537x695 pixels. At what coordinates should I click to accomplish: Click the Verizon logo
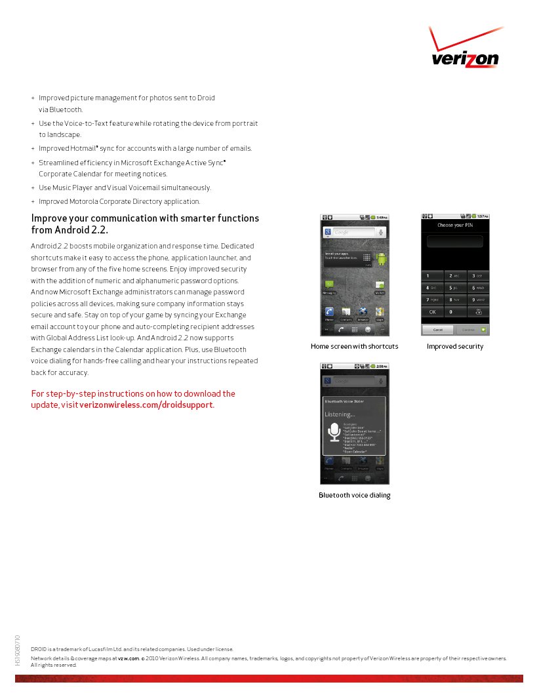click(466, 51)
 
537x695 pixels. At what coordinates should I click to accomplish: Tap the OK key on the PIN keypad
click(433, 312)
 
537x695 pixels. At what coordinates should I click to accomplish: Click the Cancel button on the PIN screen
click(437, 330)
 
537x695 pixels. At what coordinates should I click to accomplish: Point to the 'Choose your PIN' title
click(455, 226)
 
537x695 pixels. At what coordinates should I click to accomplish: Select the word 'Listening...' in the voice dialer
click(340, 414)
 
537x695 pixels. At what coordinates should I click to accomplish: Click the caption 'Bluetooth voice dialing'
click(355, 495)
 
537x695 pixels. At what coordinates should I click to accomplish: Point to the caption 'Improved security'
click(455, 346)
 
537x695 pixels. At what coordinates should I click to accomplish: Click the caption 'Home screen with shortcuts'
click(354, 346)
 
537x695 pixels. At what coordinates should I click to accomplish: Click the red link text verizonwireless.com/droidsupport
click(146, 405)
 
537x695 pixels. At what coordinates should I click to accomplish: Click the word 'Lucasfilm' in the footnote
click(91, 649)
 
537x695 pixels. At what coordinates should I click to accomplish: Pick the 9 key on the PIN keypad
click(478, 300)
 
